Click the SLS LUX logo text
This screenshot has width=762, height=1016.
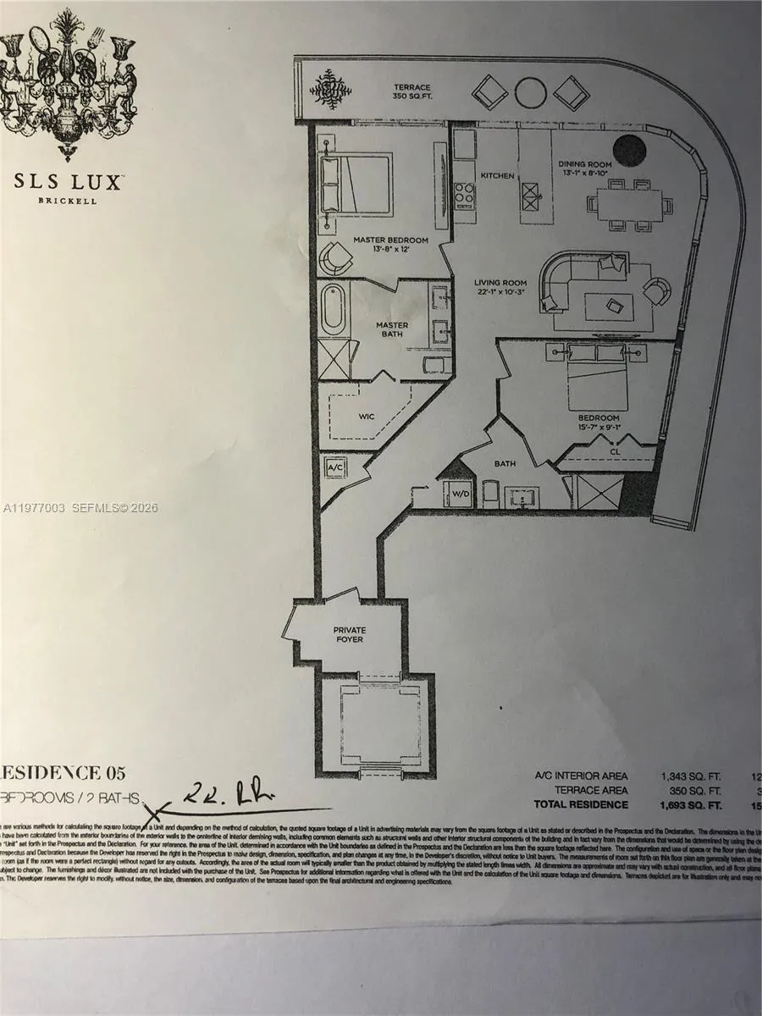click(69, 181)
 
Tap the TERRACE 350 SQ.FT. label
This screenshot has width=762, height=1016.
click(411, 92)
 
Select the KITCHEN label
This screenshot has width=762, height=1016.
click(497, 175)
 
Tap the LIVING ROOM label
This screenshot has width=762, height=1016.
click(501, 288)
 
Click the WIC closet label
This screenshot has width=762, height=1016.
click(367, 417)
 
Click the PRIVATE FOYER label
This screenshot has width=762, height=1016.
click(348, 634)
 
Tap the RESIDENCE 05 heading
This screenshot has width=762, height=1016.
click(63, 772)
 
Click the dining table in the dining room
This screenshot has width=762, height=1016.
click(627, 204)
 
